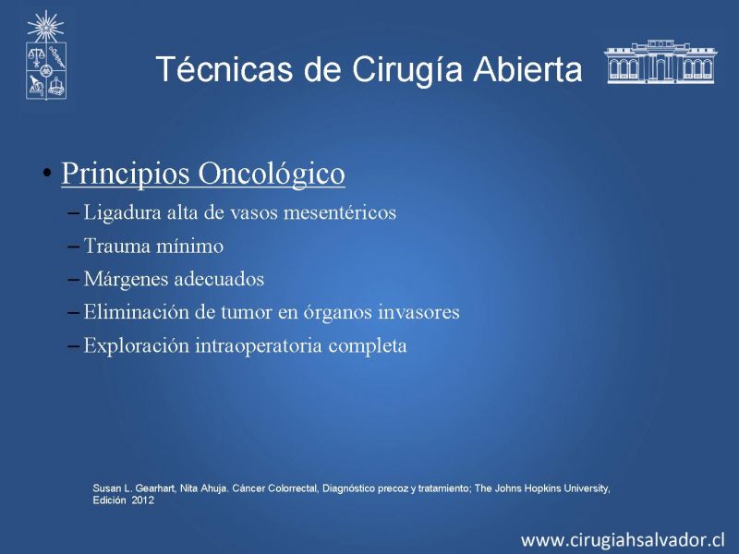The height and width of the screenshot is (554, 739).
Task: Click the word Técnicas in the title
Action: click(224, 68)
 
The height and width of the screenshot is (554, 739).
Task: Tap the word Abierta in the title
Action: click(527, 69)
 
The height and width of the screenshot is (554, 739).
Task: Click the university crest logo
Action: click(45, 55)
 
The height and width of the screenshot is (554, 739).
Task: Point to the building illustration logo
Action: click(660, 62)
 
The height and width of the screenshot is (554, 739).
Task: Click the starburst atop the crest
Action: click(45, 27)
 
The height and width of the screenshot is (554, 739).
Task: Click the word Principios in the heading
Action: click(126, 174)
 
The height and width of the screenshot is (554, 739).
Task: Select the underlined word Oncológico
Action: click(272, 174)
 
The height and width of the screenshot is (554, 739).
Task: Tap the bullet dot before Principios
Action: click(46, 173)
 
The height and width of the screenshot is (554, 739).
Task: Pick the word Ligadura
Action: click(123, 212)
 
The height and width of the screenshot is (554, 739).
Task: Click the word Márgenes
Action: click(126, 279)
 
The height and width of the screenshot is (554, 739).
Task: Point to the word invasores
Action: click(419, 312)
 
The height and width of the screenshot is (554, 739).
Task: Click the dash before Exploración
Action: click(73, 345)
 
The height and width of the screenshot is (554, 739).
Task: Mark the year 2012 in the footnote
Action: click(143, 500)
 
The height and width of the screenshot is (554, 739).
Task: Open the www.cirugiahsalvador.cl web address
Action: click(622, 540)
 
